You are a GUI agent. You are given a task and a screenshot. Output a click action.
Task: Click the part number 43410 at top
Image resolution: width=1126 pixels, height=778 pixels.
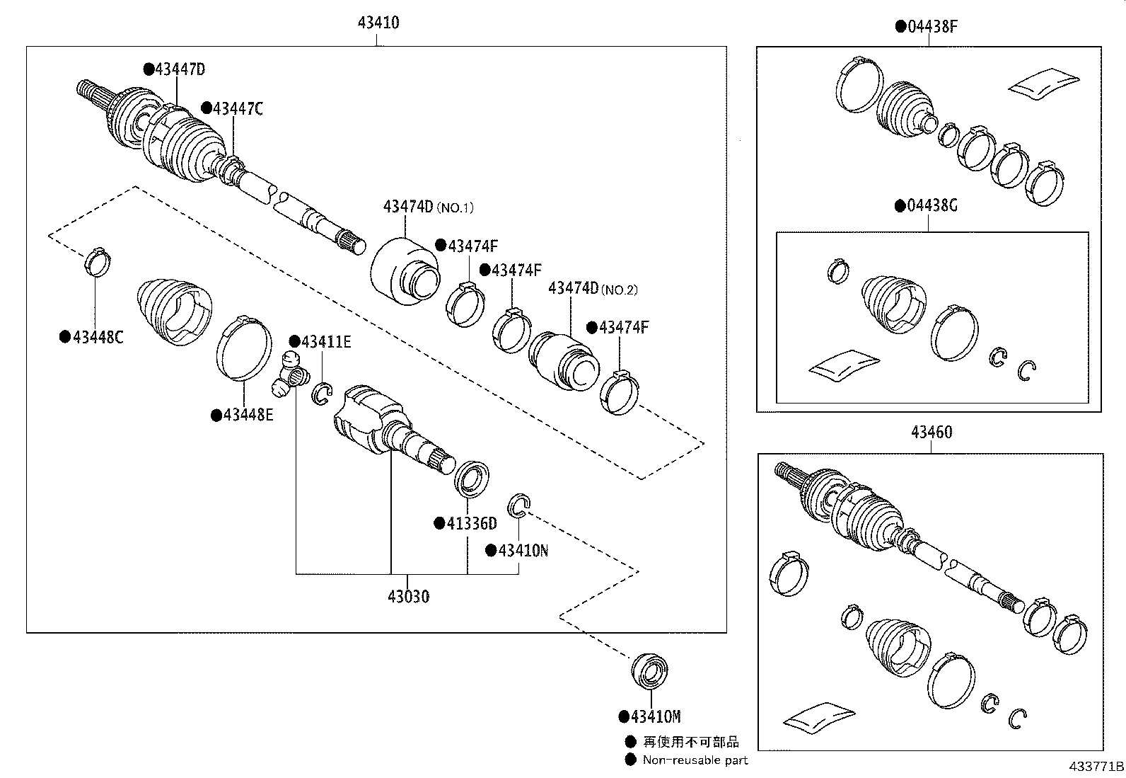click(378, 23)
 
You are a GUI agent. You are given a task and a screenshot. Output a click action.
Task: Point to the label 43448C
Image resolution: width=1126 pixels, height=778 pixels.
click(97, 338)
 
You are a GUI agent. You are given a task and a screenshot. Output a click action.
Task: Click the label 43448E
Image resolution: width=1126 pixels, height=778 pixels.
click(248, 415)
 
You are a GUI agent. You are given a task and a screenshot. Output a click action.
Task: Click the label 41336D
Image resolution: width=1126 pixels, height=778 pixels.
click(471, 524)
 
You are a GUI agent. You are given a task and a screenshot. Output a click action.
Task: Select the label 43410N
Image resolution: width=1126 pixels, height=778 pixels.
click(522, 551)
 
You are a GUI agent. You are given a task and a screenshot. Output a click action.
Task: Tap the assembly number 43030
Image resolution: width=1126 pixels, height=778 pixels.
click(408, 597)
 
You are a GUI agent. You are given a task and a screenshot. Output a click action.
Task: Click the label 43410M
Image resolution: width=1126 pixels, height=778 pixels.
click(655, 717)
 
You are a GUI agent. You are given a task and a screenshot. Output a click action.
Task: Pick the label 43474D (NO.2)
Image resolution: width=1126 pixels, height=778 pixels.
click(593, 289)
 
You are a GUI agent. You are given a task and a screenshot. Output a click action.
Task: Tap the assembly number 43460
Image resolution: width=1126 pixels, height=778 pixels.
click(931, 433)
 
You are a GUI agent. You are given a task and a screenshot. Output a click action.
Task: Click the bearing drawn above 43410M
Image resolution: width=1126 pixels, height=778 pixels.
click(649, 671)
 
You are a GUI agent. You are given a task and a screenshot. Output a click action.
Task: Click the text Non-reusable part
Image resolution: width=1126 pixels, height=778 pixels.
click(695, 760)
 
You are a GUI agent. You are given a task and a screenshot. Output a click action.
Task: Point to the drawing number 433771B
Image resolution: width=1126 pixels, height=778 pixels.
click(1096, 767)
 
